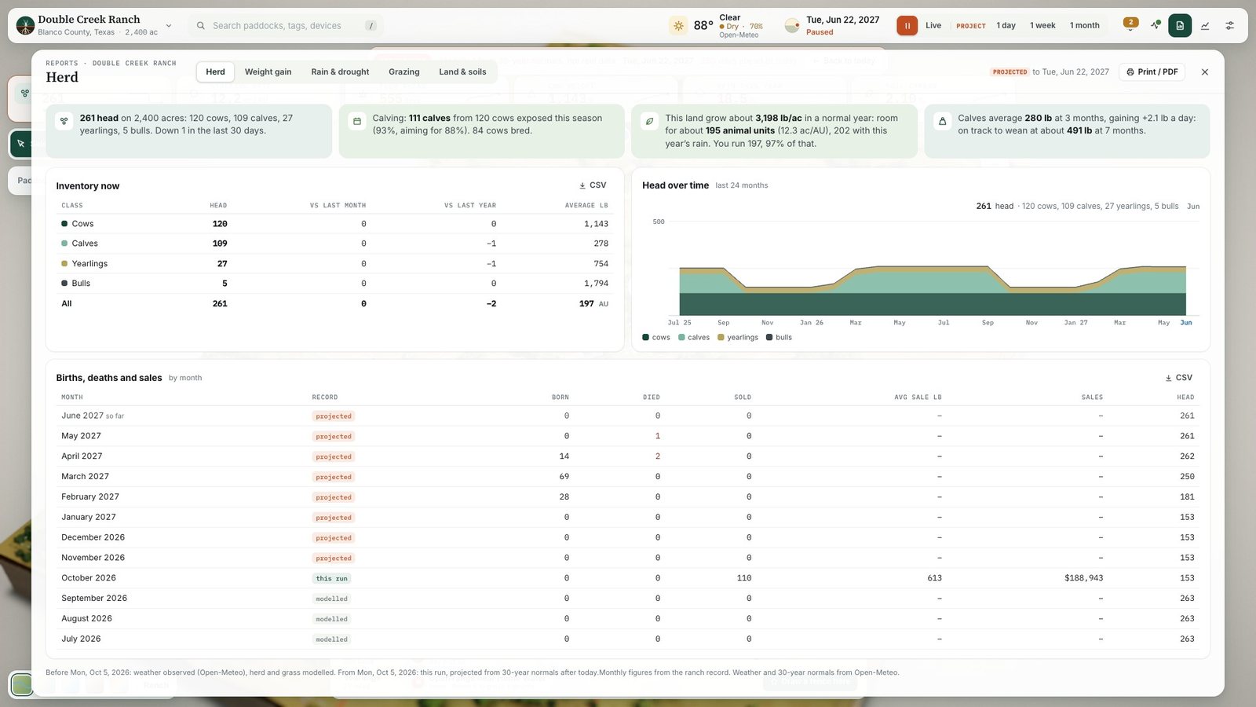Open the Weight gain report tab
[268, 71]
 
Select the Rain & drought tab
[340, 71]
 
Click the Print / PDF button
[1152, 71]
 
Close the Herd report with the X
[1204, 71]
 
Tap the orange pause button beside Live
[907, 25]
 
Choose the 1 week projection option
[1042, 25]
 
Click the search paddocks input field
[286, 25]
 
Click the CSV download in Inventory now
[593, 185]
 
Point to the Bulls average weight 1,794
[596, 284]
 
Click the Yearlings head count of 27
[222, 264]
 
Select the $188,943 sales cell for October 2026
[1083, 578]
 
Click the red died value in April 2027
[658, 456]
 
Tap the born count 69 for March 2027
[564, 476]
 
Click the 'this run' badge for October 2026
[331, 578]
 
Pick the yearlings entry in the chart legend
[738, 337]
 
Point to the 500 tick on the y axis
[659, 222]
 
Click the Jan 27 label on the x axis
[1075, 323]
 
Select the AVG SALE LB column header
[918, 397]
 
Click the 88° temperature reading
[703, 25]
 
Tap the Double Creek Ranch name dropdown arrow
[168, 25]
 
